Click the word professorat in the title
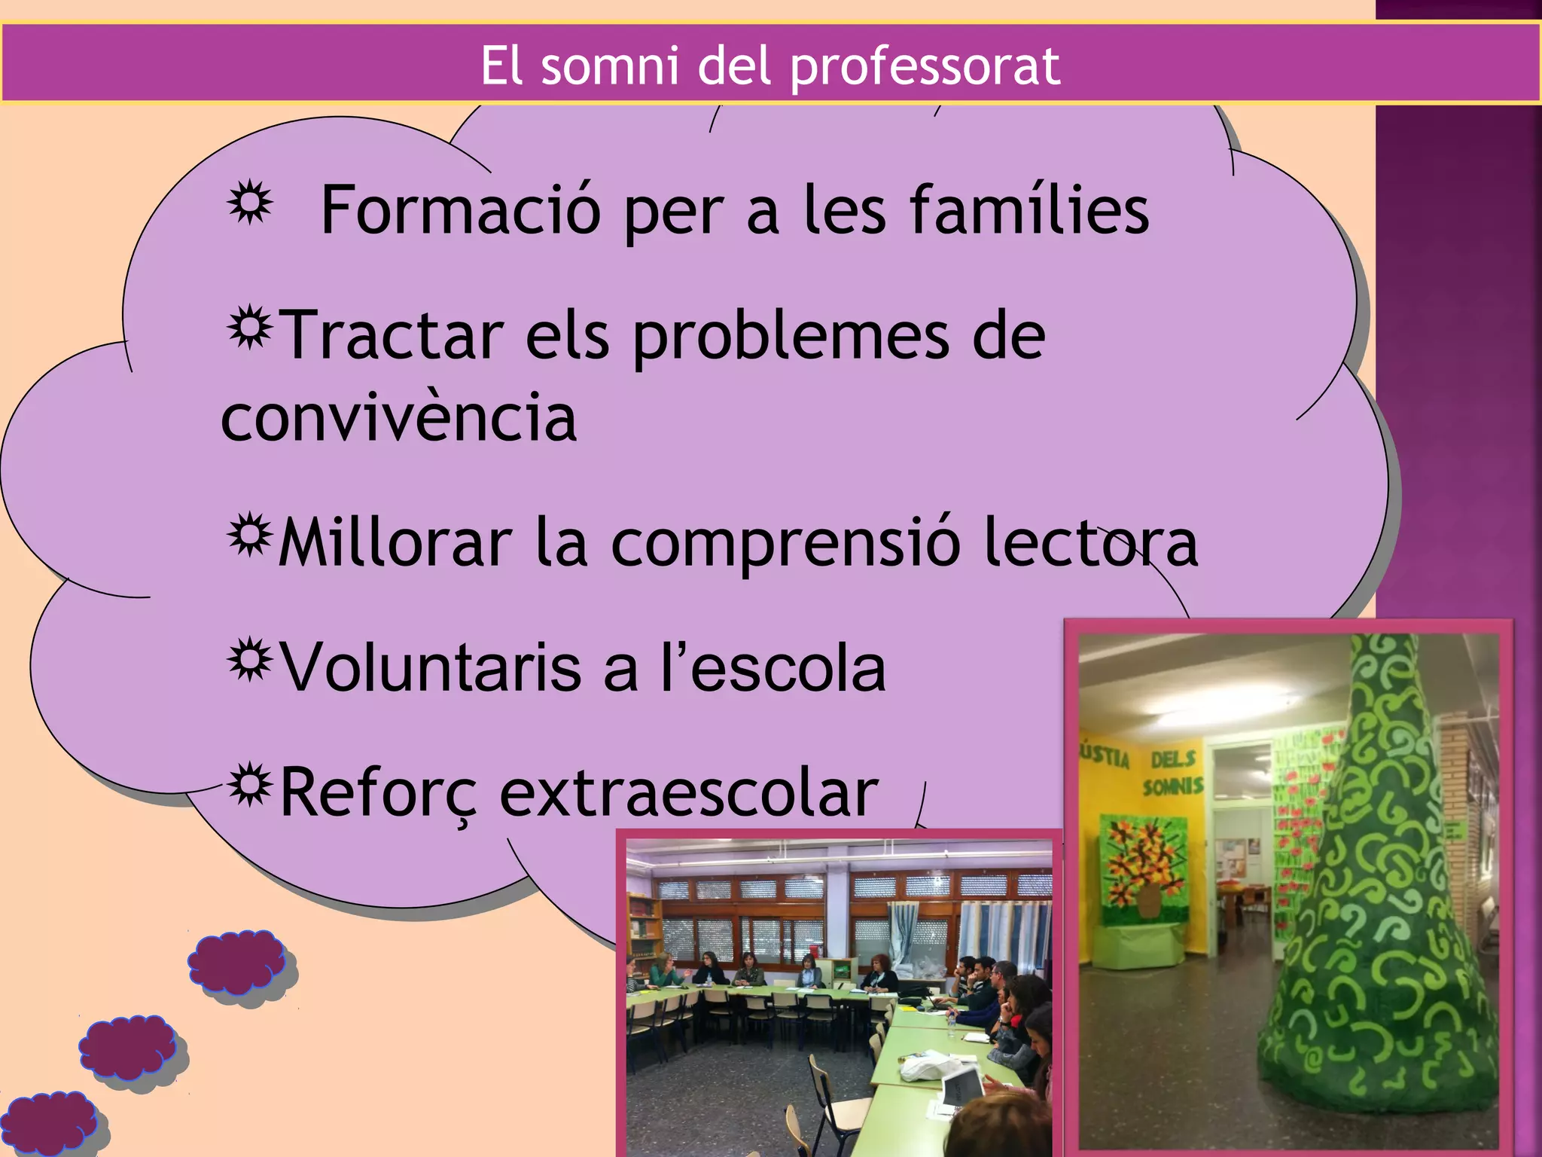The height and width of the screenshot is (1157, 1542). pyautogui.click(x=925, y=66)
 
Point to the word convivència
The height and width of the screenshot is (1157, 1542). pyautogui.click(x=398, y=419)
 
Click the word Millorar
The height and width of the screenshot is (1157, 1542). pyautogui.click(x=395, y=543)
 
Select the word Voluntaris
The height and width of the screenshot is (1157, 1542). pyautogui.click(x=431, y=668)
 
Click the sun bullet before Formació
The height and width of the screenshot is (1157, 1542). pyautogui.click(x=249, y=203)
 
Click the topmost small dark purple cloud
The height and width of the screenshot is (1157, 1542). pyautogui.click(x=237, y=962)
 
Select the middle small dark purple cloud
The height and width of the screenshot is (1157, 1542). pyautogui.click(x=128, y=1048)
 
